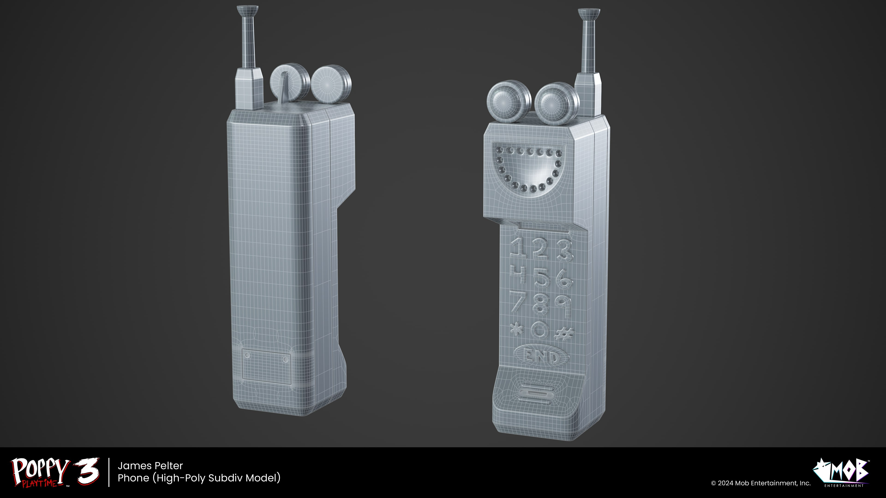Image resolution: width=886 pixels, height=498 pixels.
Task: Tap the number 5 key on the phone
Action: coord(542,279)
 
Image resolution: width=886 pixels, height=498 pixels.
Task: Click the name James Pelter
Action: coord(150,466)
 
